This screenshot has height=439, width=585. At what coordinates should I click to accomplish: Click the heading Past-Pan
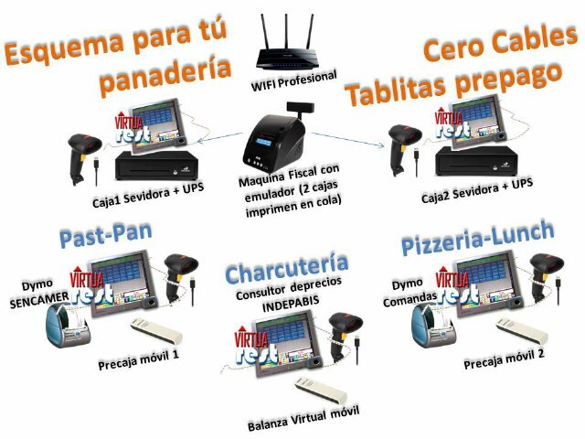106,237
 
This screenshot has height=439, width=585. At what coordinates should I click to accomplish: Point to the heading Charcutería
286,271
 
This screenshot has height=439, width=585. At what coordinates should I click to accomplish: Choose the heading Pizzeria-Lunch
477,240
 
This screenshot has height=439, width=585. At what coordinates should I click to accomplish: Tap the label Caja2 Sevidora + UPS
477,196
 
